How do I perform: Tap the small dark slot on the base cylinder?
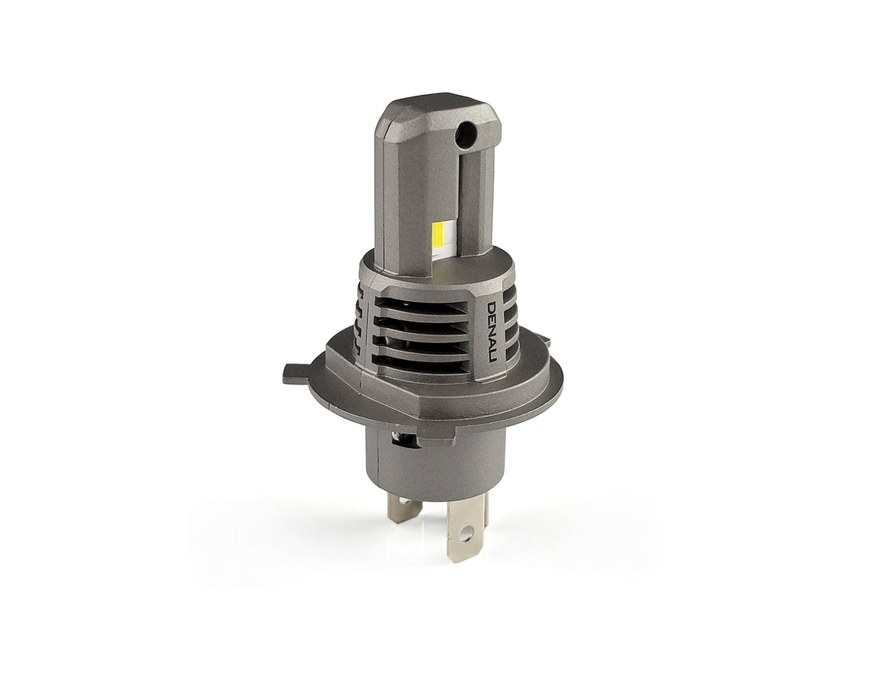click(x=398, y=439)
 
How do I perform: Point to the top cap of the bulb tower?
click(x=434, y=112)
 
